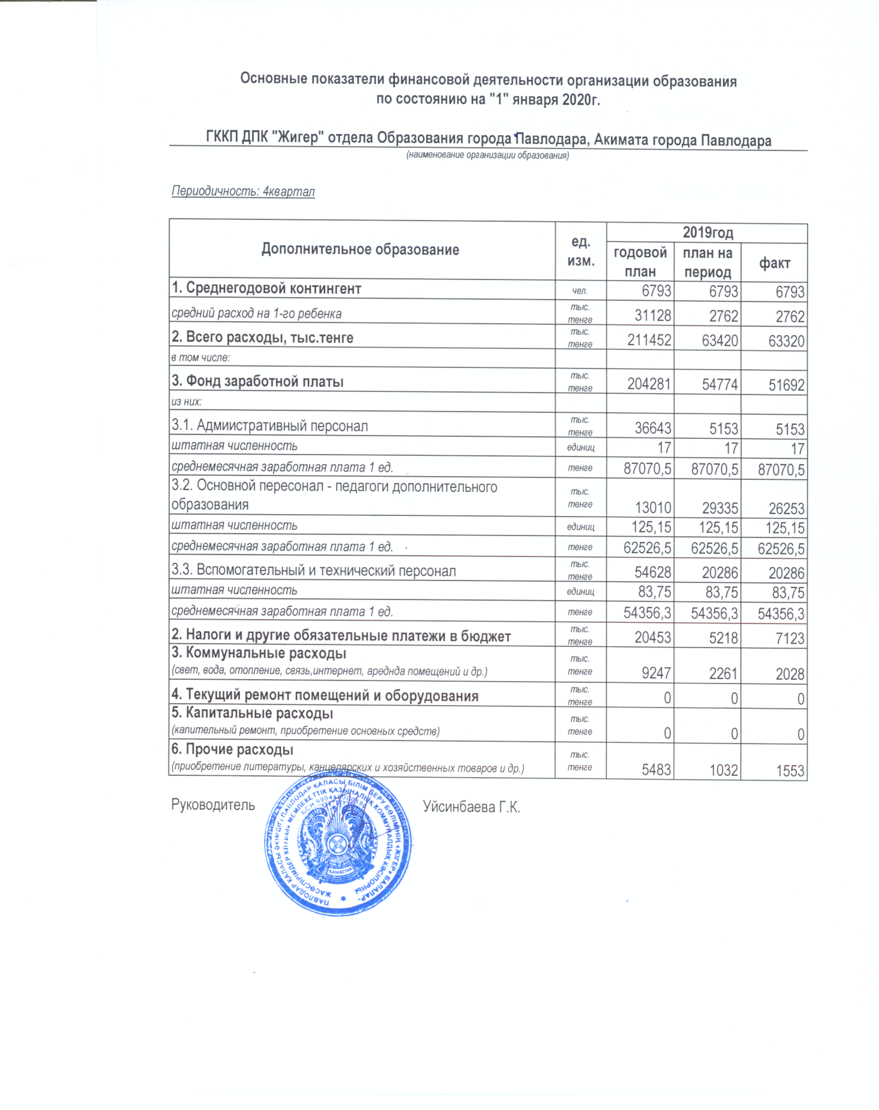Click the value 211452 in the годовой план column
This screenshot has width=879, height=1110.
tap(649, 341)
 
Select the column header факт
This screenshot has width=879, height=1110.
tap(774, 263)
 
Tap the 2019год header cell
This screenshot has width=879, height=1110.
tap(707, 233)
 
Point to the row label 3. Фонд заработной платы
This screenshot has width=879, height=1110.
tap(257, 381)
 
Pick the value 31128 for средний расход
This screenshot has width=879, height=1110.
tap(653, 316)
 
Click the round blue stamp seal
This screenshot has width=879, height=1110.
tap(339, 844)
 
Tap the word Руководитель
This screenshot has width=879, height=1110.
tap(213, 805)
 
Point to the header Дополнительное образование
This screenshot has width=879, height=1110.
tap(360, 250)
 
